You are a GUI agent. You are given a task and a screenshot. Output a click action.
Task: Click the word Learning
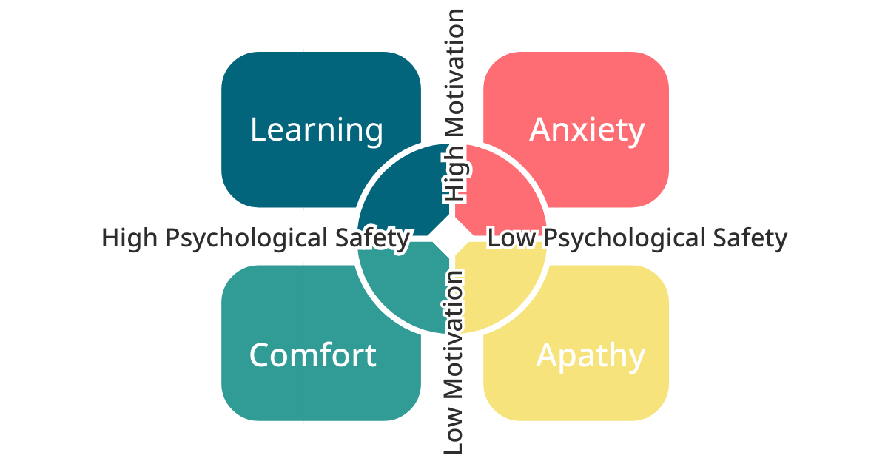(317, 130)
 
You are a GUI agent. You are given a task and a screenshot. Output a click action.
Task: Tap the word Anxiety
(587, 130)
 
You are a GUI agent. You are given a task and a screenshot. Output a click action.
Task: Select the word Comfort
(313, 355)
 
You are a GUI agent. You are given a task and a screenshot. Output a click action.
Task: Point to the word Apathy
(590, 356)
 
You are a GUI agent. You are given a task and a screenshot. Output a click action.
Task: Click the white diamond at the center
(451, 238)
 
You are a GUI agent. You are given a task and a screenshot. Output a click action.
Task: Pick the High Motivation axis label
(454, 105)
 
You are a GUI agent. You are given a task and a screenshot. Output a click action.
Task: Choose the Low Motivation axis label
(453, 363)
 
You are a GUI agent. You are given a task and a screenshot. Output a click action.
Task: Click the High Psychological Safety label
(255, 238)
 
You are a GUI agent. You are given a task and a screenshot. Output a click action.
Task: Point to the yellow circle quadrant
(499, 285)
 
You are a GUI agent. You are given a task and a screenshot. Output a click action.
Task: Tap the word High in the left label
(128, 238)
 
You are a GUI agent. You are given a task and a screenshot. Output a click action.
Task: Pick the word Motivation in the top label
(454, 73)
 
